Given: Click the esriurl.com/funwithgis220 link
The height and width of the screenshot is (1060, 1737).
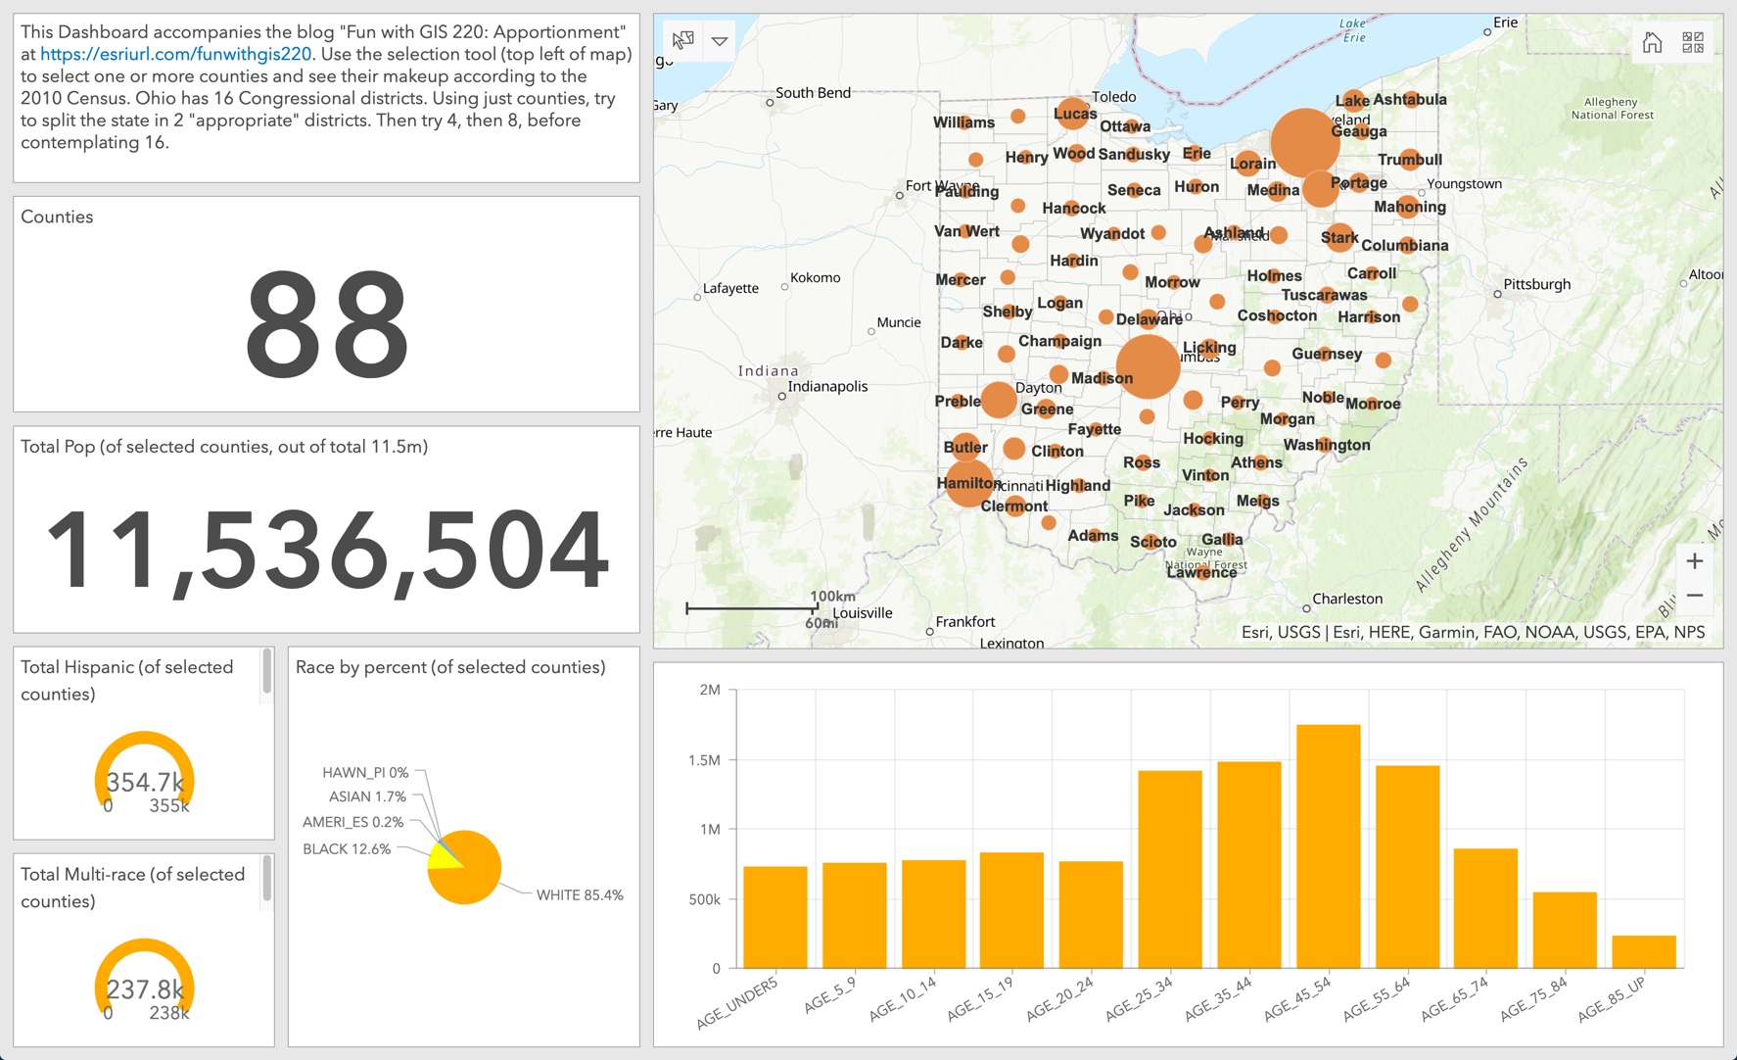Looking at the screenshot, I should tap(175, 55).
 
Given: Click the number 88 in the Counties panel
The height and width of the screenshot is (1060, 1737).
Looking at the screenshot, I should tap(326, 324).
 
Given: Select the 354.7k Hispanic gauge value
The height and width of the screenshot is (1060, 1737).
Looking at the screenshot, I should tap(145, 782).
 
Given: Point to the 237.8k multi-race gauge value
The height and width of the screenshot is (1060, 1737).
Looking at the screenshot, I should tap(145, 988).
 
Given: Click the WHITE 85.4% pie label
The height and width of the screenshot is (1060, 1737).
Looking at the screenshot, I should tap(579, 894).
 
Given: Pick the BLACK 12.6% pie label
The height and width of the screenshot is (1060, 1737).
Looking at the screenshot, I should tap(347, 848).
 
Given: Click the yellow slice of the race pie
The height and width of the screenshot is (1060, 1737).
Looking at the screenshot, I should tap(442, 857).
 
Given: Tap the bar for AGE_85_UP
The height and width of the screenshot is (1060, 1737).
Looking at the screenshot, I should tap(1643, 951).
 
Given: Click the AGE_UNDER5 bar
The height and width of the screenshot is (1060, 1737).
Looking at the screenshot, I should tap(775, 917).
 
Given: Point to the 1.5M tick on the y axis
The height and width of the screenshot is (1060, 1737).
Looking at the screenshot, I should tap(703, 760).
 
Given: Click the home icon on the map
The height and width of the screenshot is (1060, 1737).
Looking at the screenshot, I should tap(1652, 42).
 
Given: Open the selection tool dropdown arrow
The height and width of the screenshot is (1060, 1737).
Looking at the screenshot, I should tap(720, 41).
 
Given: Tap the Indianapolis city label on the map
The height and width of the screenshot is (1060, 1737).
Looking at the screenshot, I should tap(827, 386).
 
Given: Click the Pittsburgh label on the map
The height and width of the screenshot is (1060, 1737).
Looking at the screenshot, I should tap(1536, 284).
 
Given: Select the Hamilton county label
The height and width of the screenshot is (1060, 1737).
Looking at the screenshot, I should tap(967, 483).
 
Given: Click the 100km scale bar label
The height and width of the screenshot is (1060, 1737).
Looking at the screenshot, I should tap(832, 596).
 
